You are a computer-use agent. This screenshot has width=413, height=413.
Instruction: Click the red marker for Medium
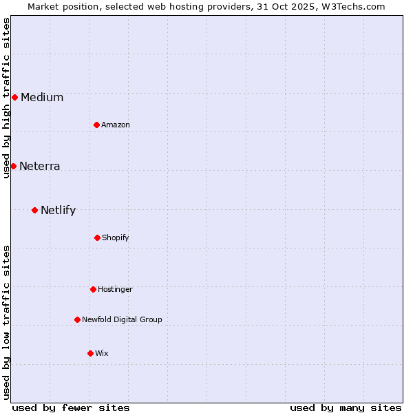click(14, 97)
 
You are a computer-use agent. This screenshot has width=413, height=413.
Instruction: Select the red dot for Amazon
click(96, 125)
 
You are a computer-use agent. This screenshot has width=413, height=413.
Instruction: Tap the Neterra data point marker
click(13, 166)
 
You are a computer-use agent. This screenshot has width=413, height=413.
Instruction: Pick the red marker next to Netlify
click(34, 210)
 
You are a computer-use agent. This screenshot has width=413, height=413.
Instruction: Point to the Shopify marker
click(97, 237)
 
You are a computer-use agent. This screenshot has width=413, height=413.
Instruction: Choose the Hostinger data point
click(93, 289)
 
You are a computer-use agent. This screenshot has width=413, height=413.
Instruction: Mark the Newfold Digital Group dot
click(77, 319)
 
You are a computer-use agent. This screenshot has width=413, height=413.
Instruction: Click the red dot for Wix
click(90, 353)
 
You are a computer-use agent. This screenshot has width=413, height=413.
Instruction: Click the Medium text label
click(42, 97)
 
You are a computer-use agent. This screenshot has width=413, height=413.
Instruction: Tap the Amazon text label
click(116, 125)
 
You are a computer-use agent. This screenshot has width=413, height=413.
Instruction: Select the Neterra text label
click(40, 166)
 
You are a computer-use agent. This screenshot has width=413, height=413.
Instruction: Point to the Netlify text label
click(59, 210)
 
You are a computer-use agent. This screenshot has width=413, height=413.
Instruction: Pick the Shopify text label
click(116, 237)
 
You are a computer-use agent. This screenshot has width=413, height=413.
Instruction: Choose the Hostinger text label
click(115, 289)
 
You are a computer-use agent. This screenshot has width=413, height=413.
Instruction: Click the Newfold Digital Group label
click(123, 319)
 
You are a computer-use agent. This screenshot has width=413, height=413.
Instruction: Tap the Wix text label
click(102, 353)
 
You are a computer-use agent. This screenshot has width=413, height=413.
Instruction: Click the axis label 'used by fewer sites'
click(71, 407)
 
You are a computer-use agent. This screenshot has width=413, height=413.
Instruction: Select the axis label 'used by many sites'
click(346, 407)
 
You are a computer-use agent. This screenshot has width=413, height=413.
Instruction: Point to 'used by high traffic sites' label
click(6, 98)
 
